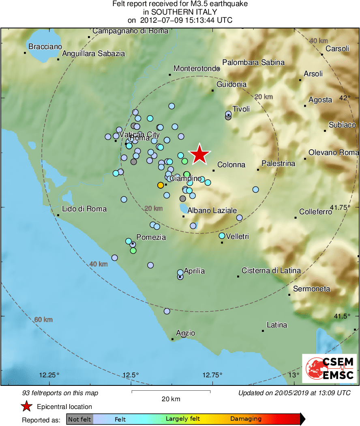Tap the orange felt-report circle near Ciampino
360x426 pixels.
[x=160, y=185]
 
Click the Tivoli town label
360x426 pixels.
[x=241, y=109]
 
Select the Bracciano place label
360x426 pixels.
[x=45, y=47]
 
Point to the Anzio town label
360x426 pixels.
[x=186, y=333]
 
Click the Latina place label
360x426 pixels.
[x=277, y=325]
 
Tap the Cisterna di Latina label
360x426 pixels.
[x=271, y=271]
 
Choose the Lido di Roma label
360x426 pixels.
[x=84, y=209]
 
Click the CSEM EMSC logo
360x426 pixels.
[x=330, y=368]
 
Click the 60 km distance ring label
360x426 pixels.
[x=44, y=320]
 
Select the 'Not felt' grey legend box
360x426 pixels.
[x=79, y=419]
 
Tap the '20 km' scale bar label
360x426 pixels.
[x=171, y=399]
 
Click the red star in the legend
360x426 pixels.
[x=27, y=406]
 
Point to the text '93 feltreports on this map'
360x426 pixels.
[x=60, y=393]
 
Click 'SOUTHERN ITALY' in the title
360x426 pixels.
[x=180, y=12]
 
